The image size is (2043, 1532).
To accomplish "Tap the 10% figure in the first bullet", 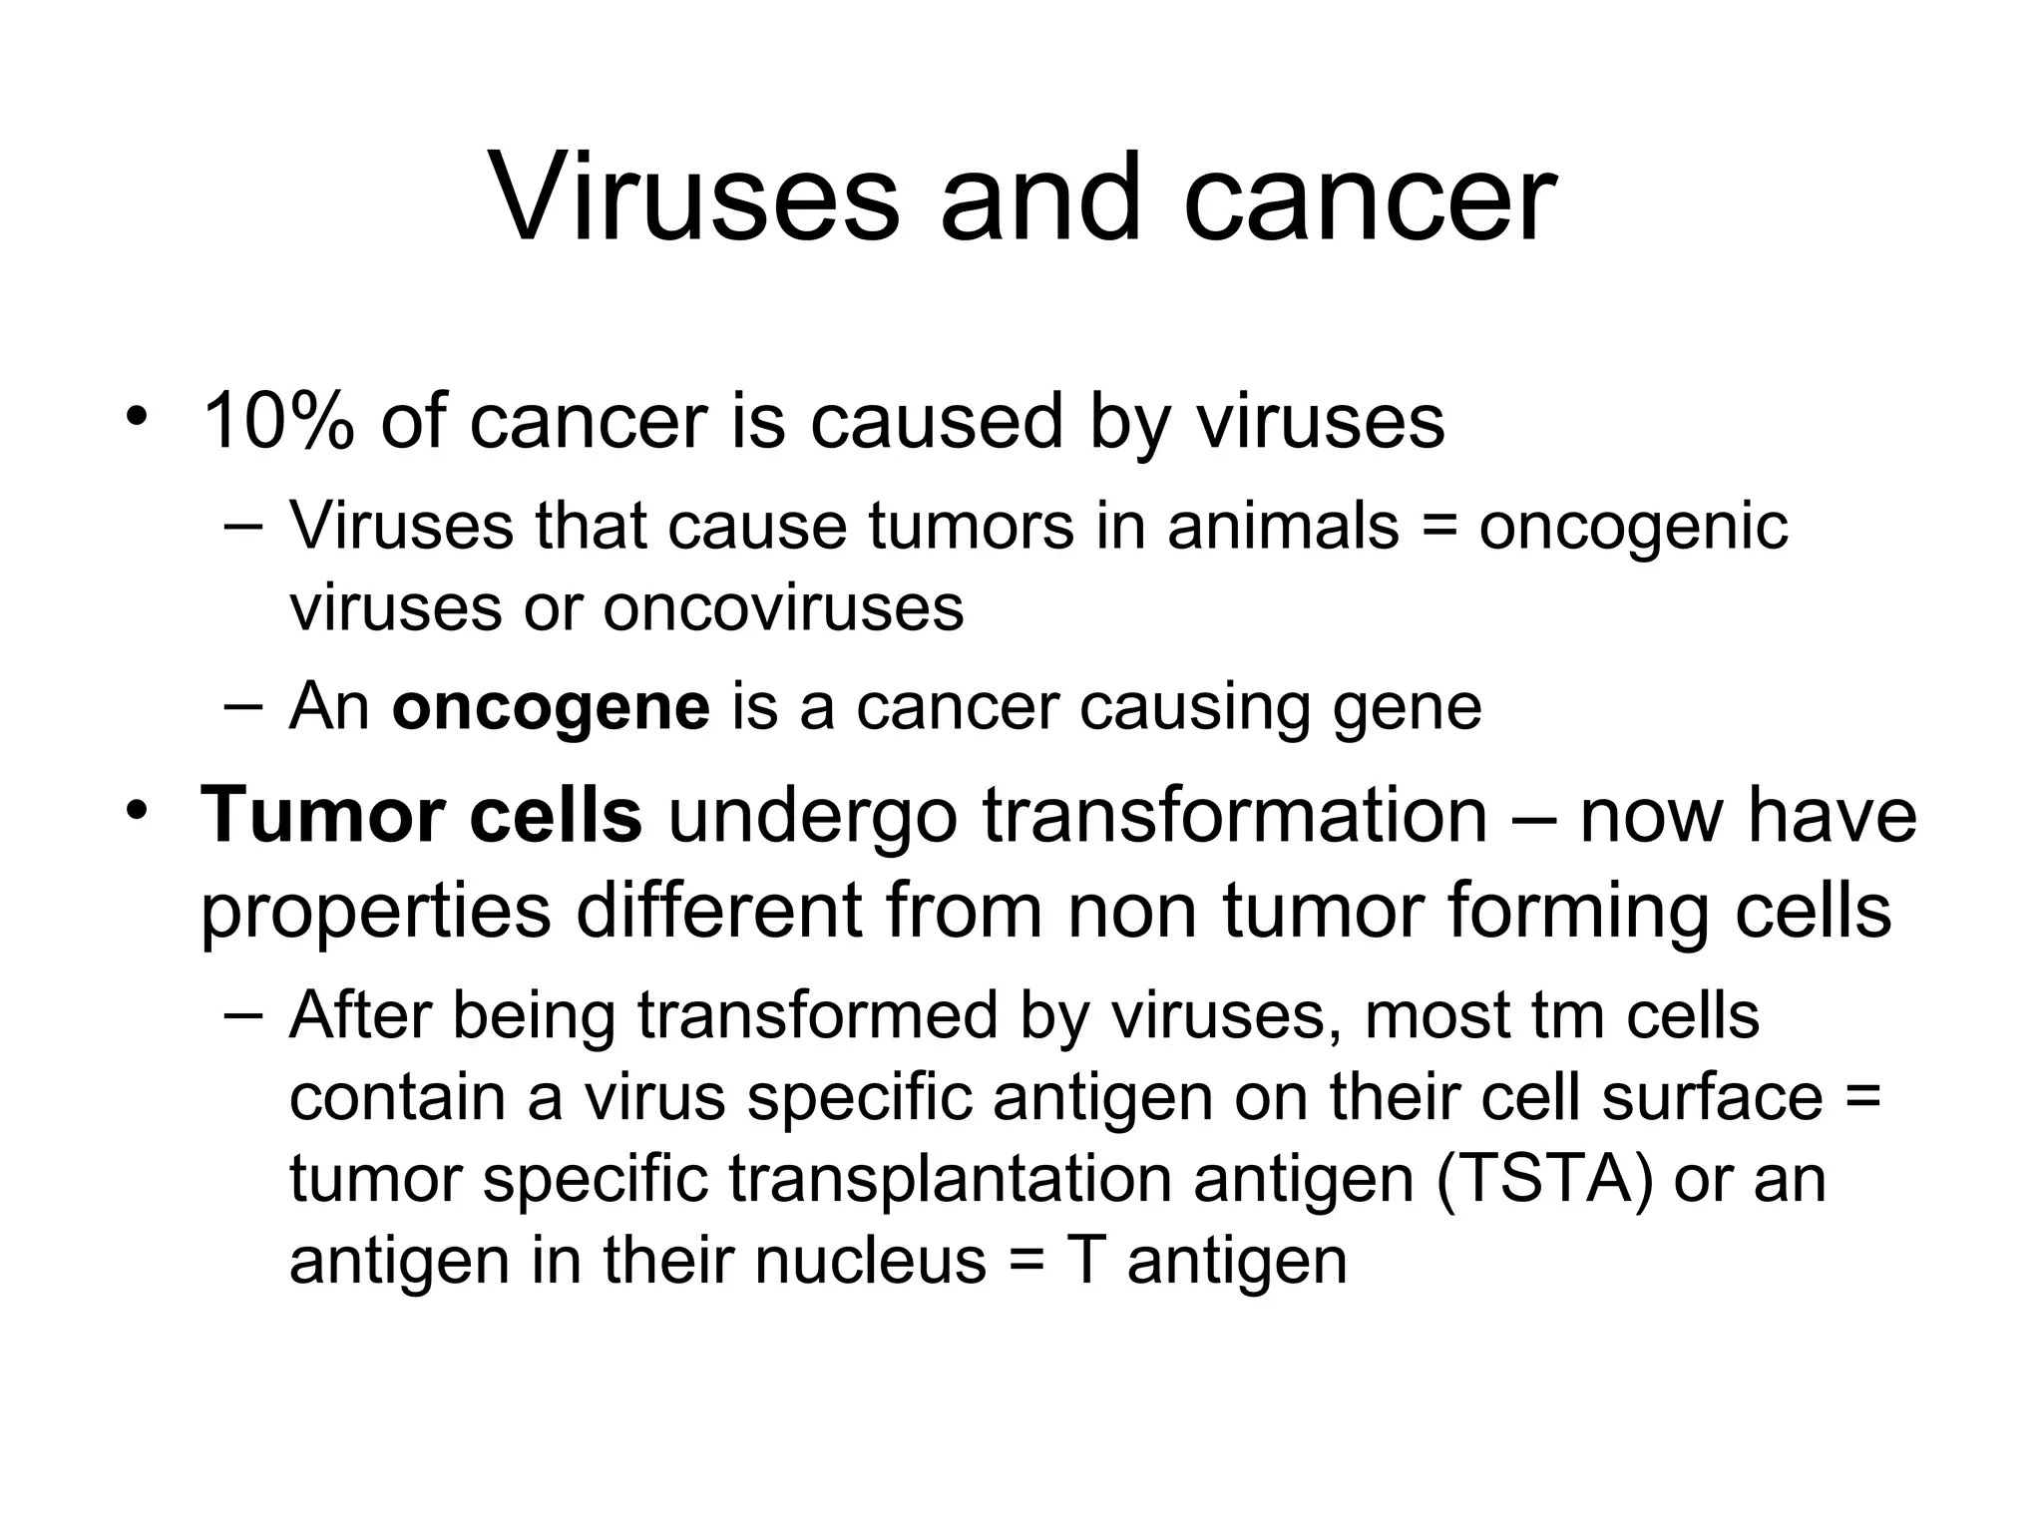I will coord(278,421).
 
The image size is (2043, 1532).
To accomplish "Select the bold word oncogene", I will coord(551,707).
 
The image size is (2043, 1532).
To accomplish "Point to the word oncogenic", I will coord(1633,527).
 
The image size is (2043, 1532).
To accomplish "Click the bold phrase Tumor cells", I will coord(421,815).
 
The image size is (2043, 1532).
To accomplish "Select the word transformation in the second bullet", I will coord(1235,815).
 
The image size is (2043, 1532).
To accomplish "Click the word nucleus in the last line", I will coord(870,1260).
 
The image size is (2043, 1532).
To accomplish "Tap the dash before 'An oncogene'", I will coord(243,706).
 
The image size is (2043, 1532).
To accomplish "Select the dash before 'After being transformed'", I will coord(243,1015).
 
